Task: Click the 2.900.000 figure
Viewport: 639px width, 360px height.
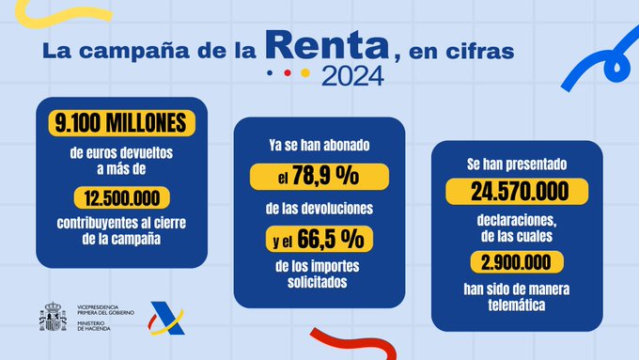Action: pyautogui.click(x=510, y=261)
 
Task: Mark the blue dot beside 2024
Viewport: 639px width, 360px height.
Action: pyautogui.click(x=271, y=72)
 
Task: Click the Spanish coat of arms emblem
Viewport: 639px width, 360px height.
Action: pyautogui.click(x=51, y=317)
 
